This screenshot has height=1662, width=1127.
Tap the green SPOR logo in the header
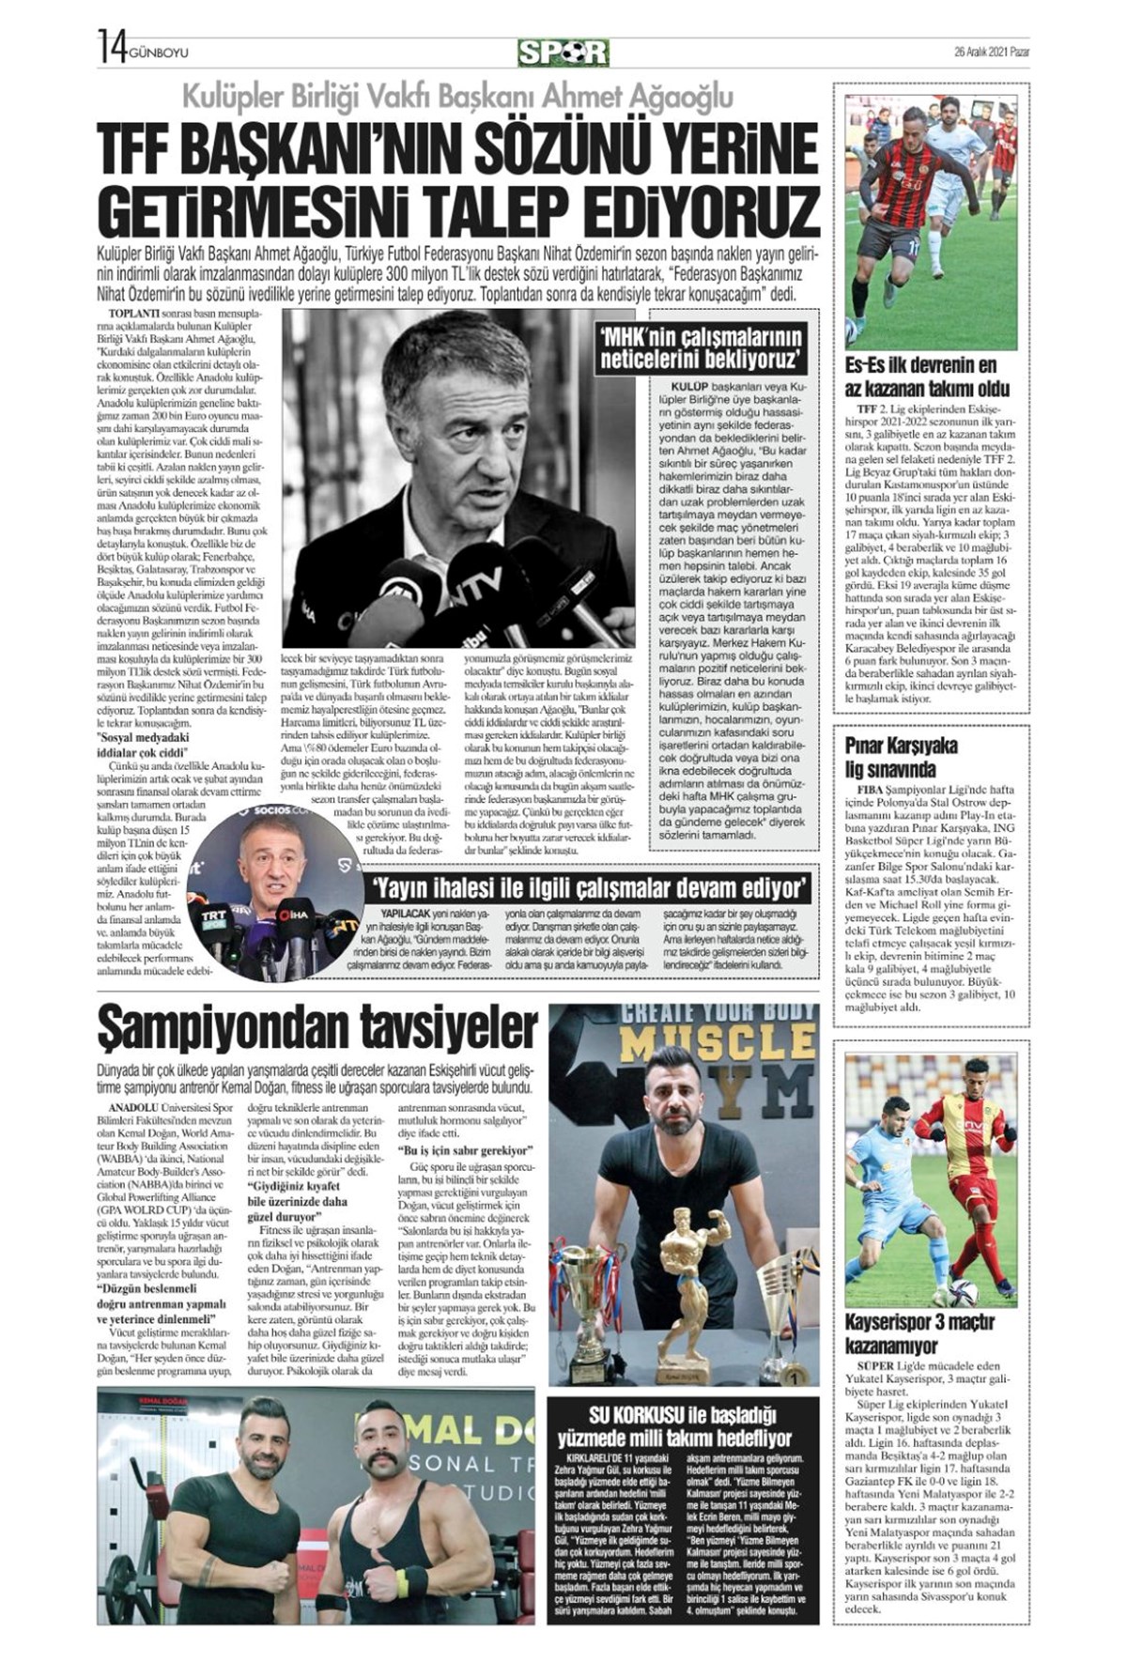(563, 52)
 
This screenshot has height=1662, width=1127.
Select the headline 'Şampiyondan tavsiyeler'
(317, 1029)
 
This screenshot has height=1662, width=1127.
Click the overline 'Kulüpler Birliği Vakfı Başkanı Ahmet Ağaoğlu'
(457, 96)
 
